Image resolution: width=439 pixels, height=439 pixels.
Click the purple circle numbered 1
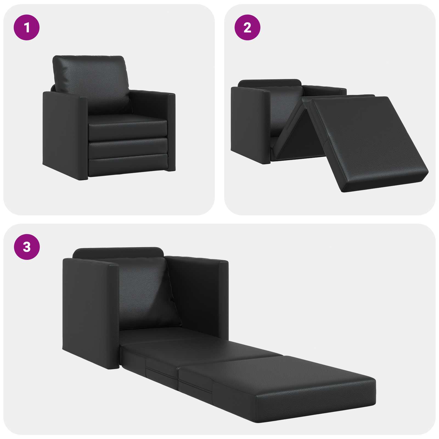point(27,27)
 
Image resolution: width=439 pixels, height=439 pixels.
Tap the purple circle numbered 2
point(247,27)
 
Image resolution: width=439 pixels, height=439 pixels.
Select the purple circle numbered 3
point(27,247)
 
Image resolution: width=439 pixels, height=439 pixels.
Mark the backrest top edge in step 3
point(118,252)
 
